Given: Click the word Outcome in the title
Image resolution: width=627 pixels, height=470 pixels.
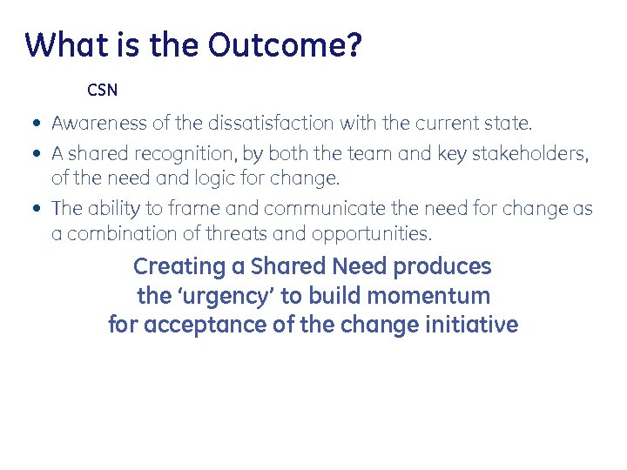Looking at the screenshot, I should pyautogui.click(x=284, y=44).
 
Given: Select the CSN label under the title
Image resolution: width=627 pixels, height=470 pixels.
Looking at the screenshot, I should pyautogui.click(x=102, y=90).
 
